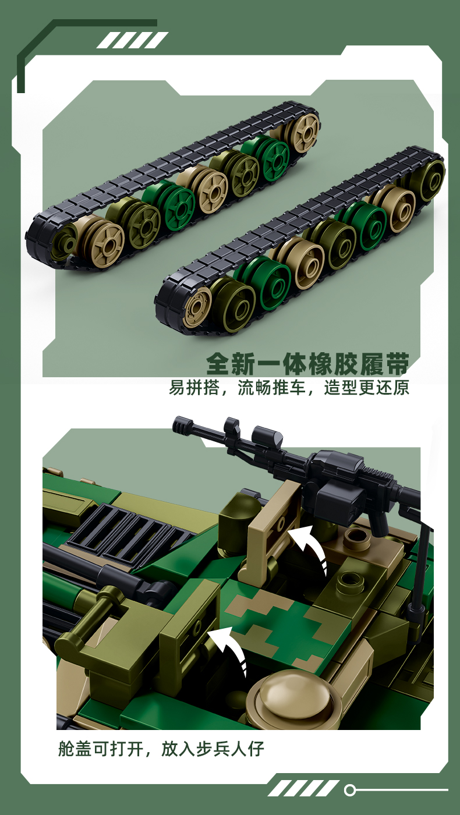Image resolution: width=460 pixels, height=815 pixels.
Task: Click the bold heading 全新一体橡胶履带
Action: click(x=307, y=363)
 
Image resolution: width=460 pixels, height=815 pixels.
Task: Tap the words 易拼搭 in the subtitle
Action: click(x=194, y=388)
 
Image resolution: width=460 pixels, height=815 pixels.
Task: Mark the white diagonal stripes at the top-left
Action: click(x=132, y=40)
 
